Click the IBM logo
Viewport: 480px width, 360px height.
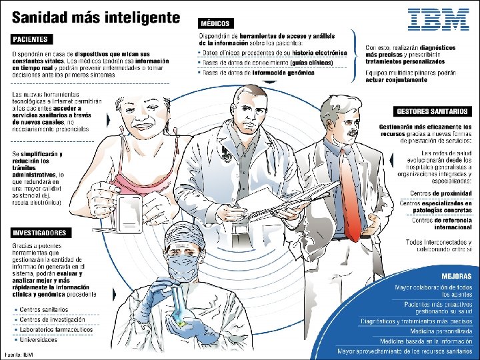point(438,19)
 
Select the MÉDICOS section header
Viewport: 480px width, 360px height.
point(215,23)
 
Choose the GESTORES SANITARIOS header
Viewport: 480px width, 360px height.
point(432,111)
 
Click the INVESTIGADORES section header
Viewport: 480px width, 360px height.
point(39,233)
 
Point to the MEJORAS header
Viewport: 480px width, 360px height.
point(457,276)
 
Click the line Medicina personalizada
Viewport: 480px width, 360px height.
point(440,331)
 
